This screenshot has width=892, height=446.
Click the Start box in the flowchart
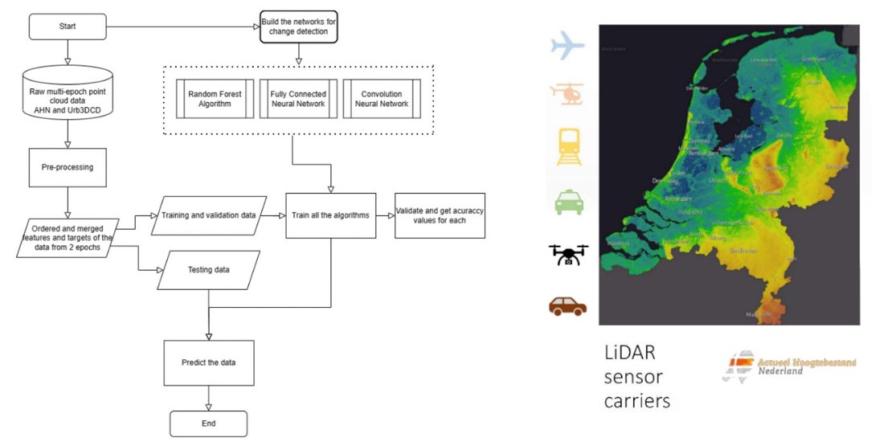[x=68, y=27]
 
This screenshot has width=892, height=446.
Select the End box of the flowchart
[x=208, y=423]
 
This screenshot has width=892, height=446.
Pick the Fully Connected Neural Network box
[x=297, y=98]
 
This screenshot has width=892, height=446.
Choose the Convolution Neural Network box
[x=381, y=98]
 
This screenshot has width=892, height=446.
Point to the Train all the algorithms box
[x=331, y=215]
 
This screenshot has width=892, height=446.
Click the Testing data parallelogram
[x=209, y=270]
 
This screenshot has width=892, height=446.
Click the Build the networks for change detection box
[x=298, y=27]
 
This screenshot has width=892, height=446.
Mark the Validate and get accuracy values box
[x=440, y=215]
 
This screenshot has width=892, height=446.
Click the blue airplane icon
[x=567, y=45]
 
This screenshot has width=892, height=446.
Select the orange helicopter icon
[x=568, y=93]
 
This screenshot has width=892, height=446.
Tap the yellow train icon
[x=568, y=147]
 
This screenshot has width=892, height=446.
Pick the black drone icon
[x=568, y=255]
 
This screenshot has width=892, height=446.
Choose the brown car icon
[x=568, y=306]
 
